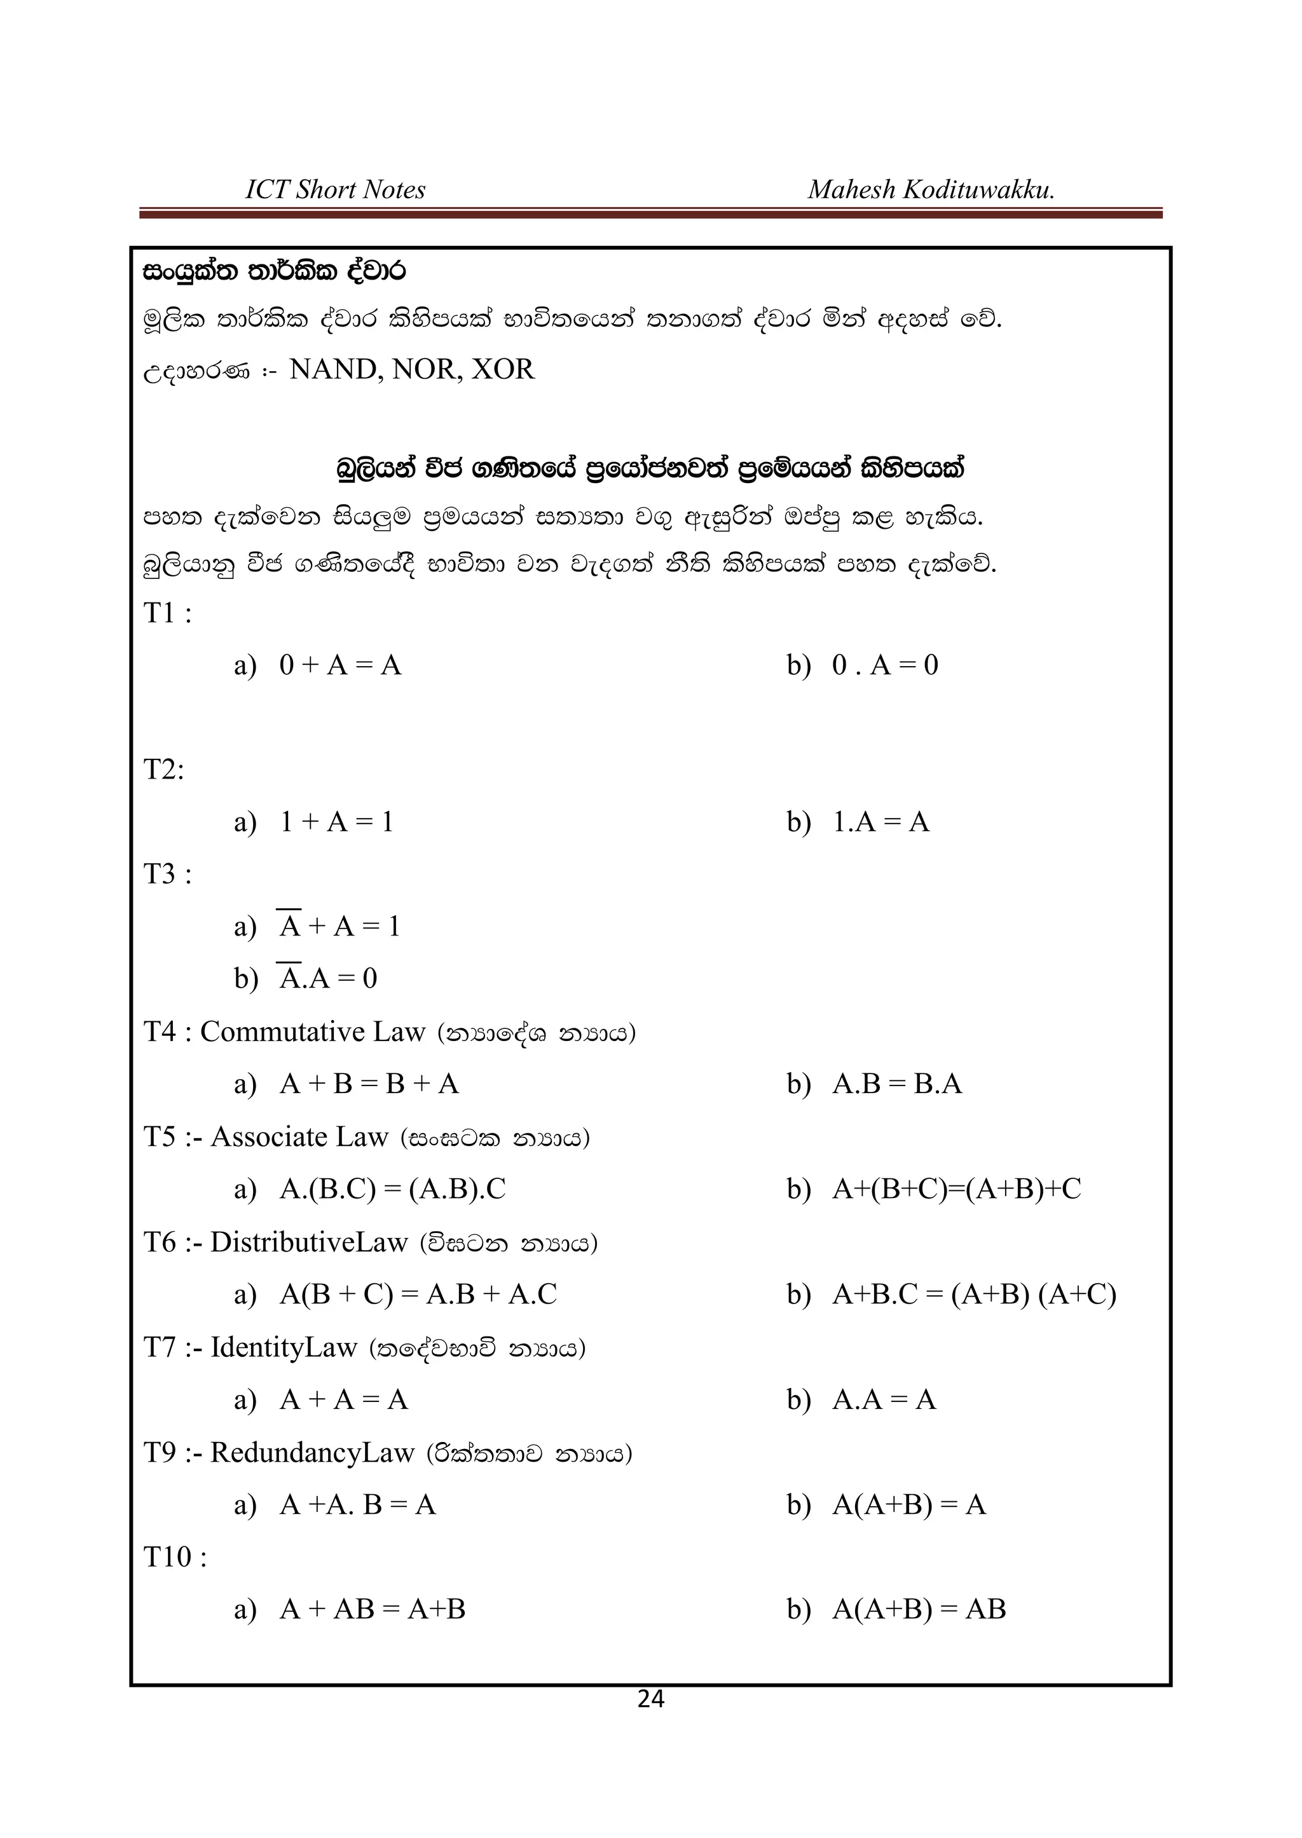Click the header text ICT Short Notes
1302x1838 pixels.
pyautogui.click(x=335, y=190)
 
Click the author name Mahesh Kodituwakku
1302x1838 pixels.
pyautogui.click(x=931, y=190)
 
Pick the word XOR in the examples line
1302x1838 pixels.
pyautogui.click(x=503, y=369)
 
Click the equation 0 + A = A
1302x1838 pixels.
pyautogui.click(x=340, y=665)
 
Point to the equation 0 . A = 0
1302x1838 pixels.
pyautogui.click(x=885, y=665)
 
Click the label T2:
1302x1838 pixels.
pyautogui.click(x=163, y=770)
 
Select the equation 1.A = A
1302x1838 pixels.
pyautogui.click(x=881, y=822)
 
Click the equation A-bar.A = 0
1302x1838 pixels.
pyautogui.click(x=328, y=979)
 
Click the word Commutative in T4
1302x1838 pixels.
pyautogui.click(x=283, y=1031)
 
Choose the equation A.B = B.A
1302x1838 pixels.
pyautogui.click(x=896, y=1084)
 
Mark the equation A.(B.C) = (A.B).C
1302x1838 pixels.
pyautogui.click(x=393, y=1188)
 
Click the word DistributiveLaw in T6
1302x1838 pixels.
pyautogui.click(x=310, y=1242)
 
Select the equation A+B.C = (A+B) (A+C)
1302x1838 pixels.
pyautogui.click(x=973, y=1295)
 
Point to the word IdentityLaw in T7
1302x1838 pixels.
pyautogui.click(x=283, y=1347)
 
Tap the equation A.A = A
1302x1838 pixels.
pyautogui.click(x=884, y=1399)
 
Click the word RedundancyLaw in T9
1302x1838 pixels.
pyautogui.click(x=312, y=1452)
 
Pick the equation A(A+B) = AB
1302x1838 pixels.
pyautogui.click(x=919, y=1609)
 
